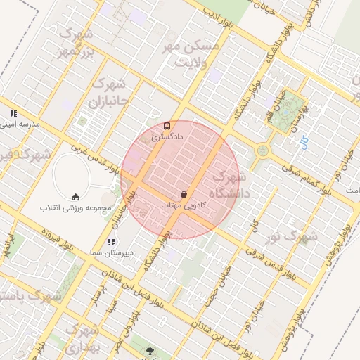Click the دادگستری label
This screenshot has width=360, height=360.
point(167,137)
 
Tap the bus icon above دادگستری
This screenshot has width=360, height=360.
point(167,127)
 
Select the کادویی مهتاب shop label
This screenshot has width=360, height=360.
point(184,205)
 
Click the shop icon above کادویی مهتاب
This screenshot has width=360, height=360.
point(184,194)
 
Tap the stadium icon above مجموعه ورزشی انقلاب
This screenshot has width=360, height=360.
point(76,197)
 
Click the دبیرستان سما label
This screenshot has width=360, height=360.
point(109,252)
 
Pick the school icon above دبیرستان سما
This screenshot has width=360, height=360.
point(110,242)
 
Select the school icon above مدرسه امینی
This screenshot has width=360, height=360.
point(13,113)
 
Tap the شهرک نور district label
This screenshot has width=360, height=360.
point(295,236)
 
